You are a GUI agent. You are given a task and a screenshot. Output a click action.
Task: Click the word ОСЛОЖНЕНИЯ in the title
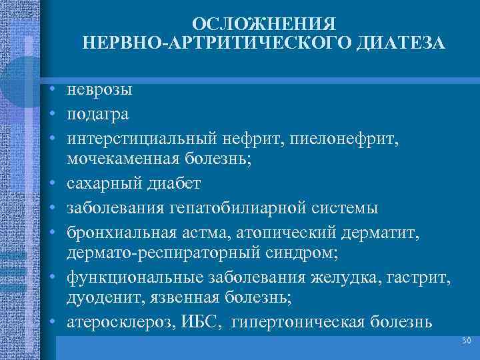pyautogui.click(x=263, y=24)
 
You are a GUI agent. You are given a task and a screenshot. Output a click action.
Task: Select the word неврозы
pyautogui.click(x=99, y=89)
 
